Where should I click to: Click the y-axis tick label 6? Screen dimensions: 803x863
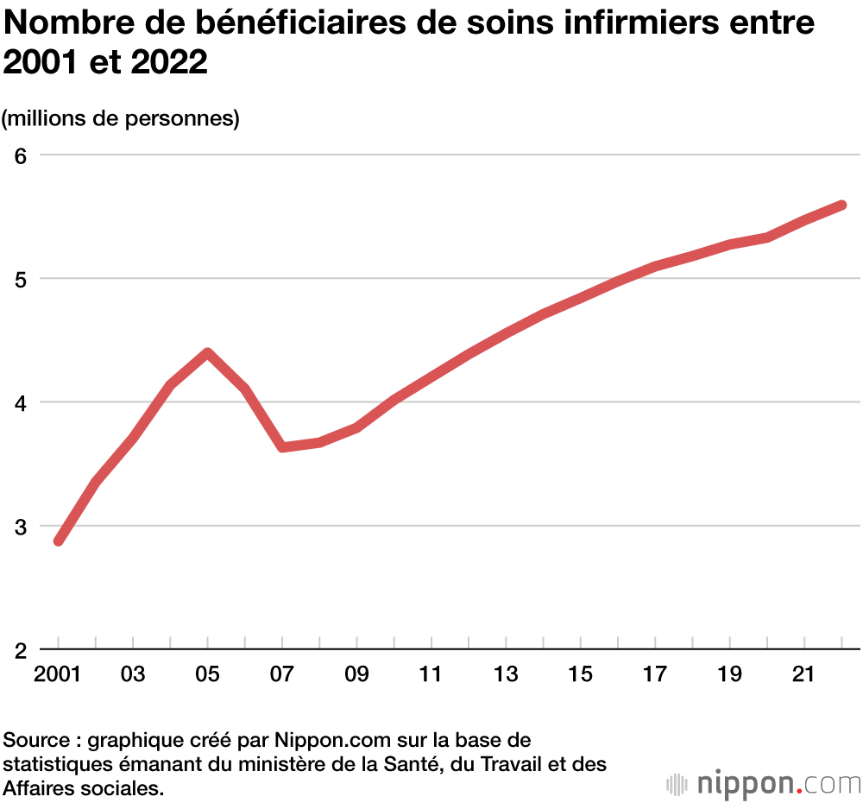21,155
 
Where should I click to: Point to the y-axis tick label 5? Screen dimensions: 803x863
21,279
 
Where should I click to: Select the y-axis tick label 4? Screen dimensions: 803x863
21,402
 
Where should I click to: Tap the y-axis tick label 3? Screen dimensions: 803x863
21,526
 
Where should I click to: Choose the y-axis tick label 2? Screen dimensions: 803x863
21,649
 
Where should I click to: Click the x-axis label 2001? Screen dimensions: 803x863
58,674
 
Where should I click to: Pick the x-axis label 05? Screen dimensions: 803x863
207,674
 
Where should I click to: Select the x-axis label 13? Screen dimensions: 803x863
507,674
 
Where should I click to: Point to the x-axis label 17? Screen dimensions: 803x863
656,674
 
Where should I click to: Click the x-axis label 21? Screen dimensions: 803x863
804,674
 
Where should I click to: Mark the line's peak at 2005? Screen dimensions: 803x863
207,353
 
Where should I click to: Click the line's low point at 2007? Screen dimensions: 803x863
282,447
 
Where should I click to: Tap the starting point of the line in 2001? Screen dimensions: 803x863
59,541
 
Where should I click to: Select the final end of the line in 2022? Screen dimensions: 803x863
841,205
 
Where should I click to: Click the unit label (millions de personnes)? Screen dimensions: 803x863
121,118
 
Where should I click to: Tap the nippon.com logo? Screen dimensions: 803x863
764,784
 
